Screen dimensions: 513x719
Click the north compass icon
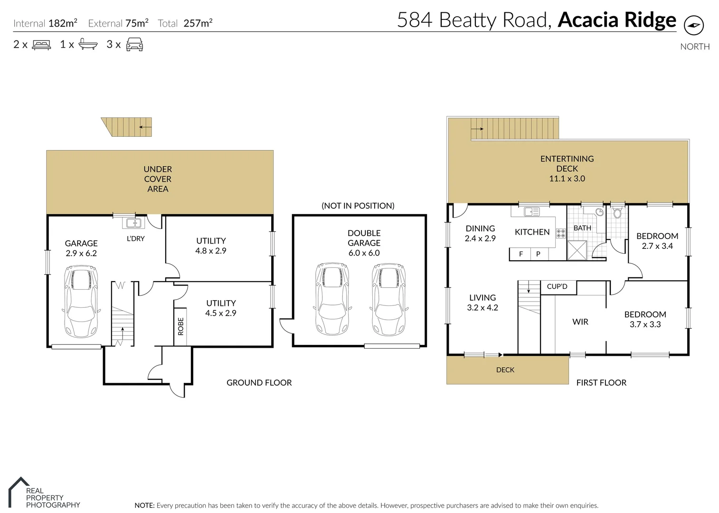694,25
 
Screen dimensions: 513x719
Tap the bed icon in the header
41,45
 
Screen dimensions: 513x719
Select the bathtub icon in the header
88,45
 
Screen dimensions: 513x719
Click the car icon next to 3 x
134,45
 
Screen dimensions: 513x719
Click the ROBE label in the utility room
180,327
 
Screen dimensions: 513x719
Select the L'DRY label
135,238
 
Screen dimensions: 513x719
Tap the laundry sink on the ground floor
132,222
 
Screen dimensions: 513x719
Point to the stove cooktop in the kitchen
561,233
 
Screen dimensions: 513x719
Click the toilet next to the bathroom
617,213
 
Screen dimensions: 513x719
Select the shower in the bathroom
577,250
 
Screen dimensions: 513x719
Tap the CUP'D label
557,286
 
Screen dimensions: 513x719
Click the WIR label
580,322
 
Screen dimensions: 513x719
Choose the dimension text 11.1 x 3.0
567,179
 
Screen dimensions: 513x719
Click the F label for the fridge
521,254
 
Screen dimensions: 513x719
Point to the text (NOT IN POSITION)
358,206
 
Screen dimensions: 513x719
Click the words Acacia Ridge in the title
616,20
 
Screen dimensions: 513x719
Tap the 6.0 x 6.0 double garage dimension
364,253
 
